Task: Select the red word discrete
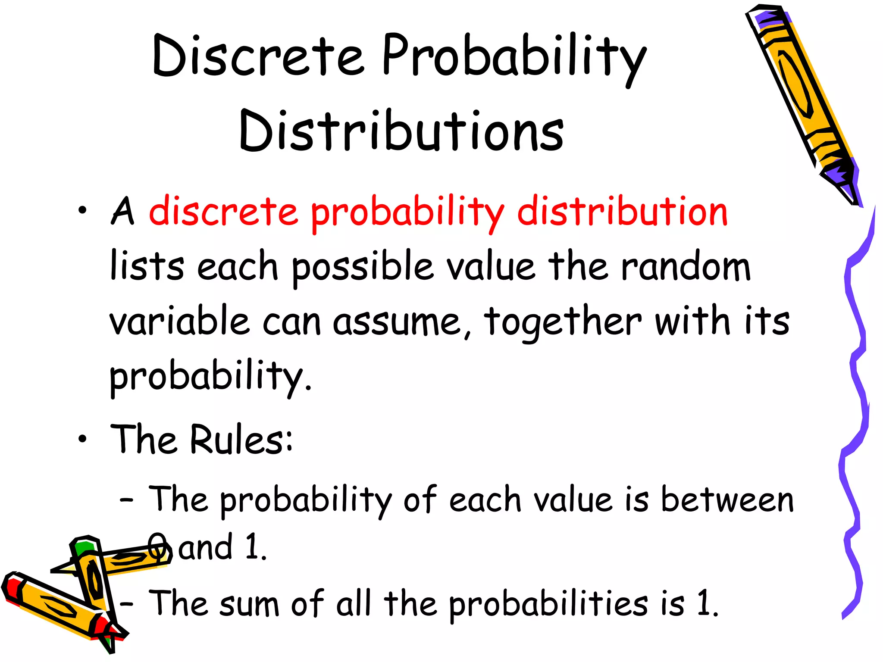coord(223,212)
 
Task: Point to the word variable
coord(179,321)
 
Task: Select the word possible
coord(362,267)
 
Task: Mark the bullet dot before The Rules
coord(82,439)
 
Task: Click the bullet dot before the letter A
coord(82,211)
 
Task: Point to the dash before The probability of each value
coord(126,500)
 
